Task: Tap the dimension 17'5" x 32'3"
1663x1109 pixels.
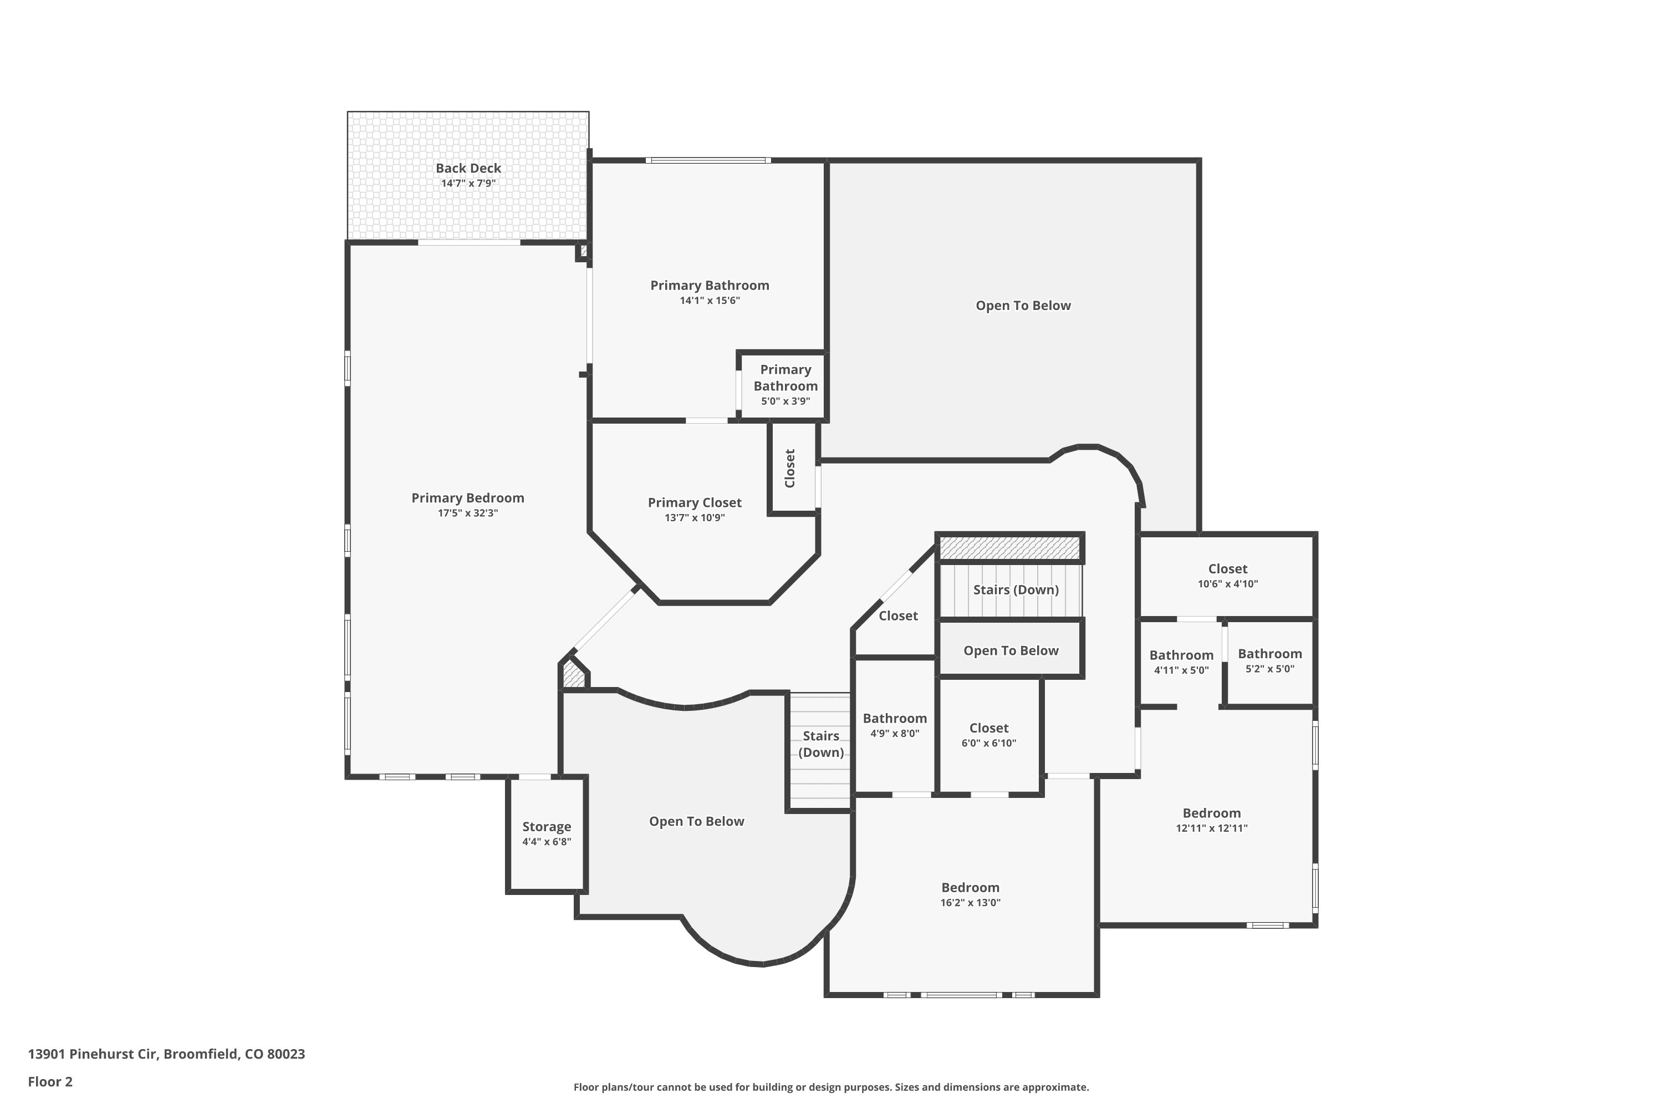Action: click(467, 513)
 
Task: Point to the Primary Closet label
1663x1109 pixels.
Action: click(695, 503)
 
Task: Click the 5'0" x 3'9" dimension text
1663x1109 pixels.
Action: click(785, 401)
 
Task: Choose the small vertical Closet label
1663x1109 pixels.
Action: click(790, 468)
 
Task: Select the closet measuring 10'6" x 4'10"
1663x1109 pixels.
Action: click(1227, 576)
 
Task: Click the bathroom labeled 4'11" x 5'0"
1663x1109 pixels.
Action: click(1181, 663)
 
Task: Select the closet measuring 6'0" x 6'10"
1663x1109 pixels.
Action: click(988, 735)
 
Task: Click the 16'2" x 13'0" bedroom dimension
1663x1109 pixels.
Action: click(970, 903)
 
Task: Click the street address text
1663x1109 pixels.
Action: click(166, 1054)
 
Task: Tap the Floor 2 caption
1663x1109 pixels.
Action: click(50, 1081)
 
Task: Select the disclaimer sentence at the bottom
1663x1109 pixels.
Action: click(831, 1087)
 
